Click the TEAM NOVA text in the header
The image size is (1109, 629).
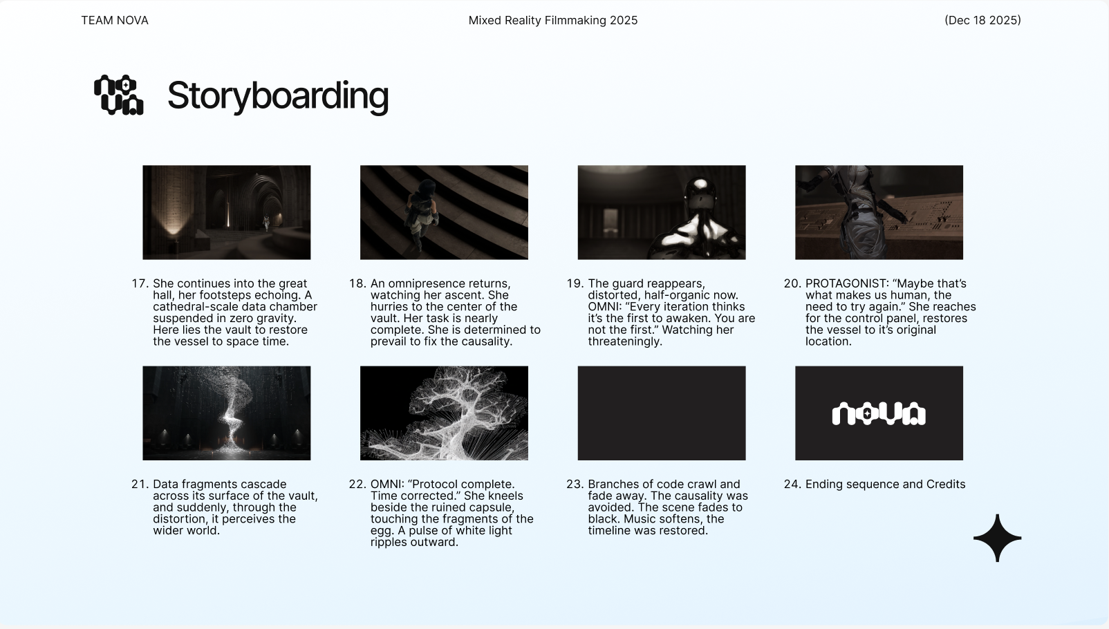pos(114,20)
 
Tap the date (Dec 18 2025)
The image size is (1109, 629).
pos(982,20)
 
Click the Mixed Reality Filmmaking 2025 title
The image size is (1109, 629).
pos(553,20)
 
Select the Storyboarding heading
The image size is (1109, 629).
pos(278,96)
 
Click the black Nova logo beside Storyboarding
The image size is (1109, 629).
pos(119,95)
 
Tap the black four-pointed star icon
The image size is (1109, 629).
pos(997,538)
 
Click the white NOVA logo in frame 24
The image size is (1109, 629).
pos(879,414)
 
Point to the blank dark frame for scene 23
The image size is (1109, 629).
pos(662,413)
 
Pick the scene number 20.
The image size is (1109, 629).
pos(792,283)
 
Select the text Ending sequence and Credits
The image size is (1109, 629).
pos(885,484)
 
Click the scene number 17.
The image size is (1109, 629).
pos(140,283)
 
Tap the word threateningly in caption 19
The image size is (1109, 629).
pos(625,341)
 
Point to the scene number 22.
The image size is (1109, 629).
pos(357,484)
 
